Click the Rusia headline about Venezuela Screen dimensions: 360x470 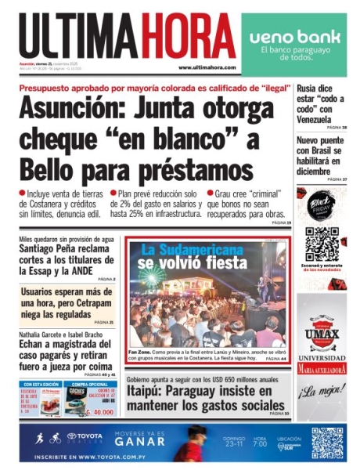click(321, 103)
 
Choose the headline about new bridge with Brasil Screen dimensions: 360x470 click(321, 154)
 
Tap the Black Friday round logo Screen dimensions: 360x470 click(321, 204)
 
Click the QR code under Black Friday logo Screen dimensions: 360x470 click(321, 242)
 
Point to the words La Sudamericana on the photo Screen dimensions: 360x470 click(194, 250)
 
